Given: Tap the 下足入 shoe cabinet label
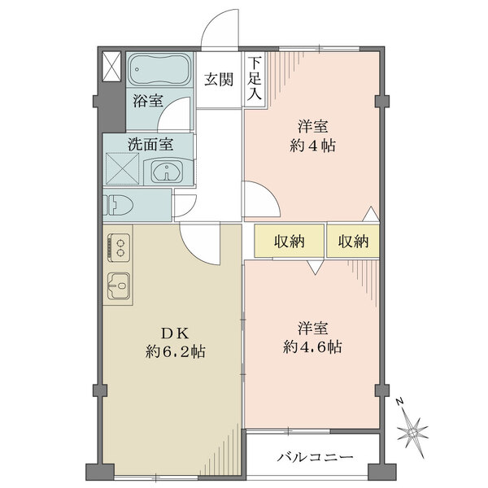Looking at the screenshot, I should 255,79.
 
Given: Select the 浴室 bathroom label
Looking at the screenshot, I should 147,101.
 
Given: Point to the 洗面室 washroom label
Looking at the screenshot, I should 149,145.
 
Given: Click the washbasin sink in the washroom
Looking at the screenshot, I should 170,171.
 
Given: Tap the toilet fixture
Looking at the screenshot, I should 120,205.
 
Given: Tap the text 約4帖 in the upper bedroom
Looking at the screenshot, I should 311,146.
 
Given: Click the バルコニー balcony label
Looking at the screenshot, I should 313,458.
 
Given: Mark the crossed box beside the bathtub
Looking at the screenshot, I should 111,65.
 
